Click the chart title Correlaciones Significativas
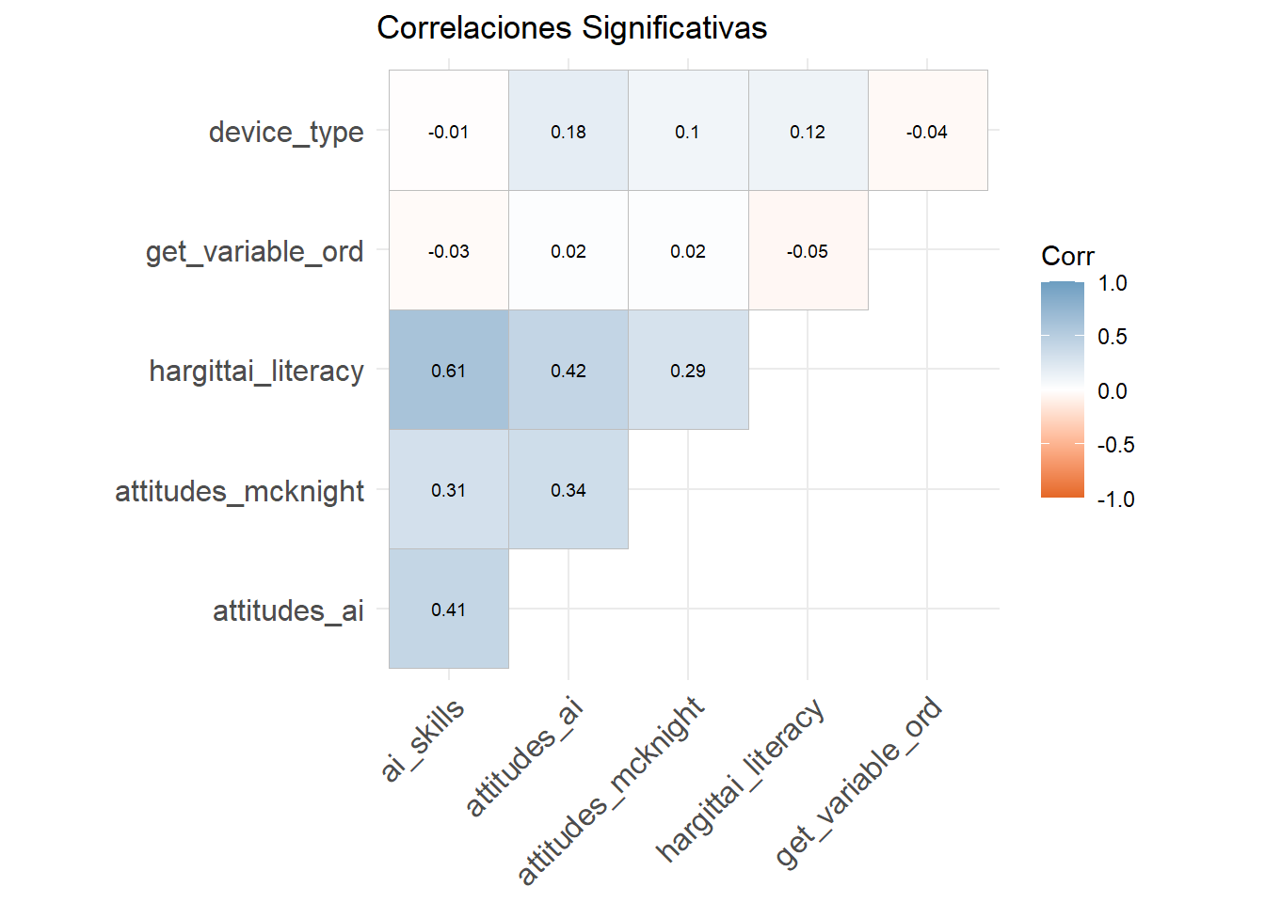click(571, 28)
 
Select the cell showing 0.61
click(449, 370)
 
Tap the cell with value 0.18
click(568, 131)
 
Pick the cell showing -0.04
click(927, 131)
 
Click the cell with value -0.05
click(808, 250)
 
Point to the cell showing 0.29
click(688, 370)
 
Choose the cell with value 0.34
click(568, 489)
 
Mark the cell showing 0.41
click(449, 609)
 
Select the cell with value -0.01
click(449, 131)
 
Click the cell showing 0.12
click(808, 131)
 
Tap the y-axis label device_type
click(286, 132)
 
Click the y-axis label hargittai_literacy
click(256, 371)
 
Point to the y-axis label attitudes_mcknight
click(239, 490)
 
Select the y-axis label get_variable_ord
click(254, 251)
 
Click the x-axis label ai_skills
click(424, 739)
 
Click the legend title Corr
click(1067, 256)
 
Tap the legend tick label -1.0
click(1115, 499)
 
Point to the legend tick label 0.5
click(1112, 337)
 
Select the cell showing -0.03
click(449, 250)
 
